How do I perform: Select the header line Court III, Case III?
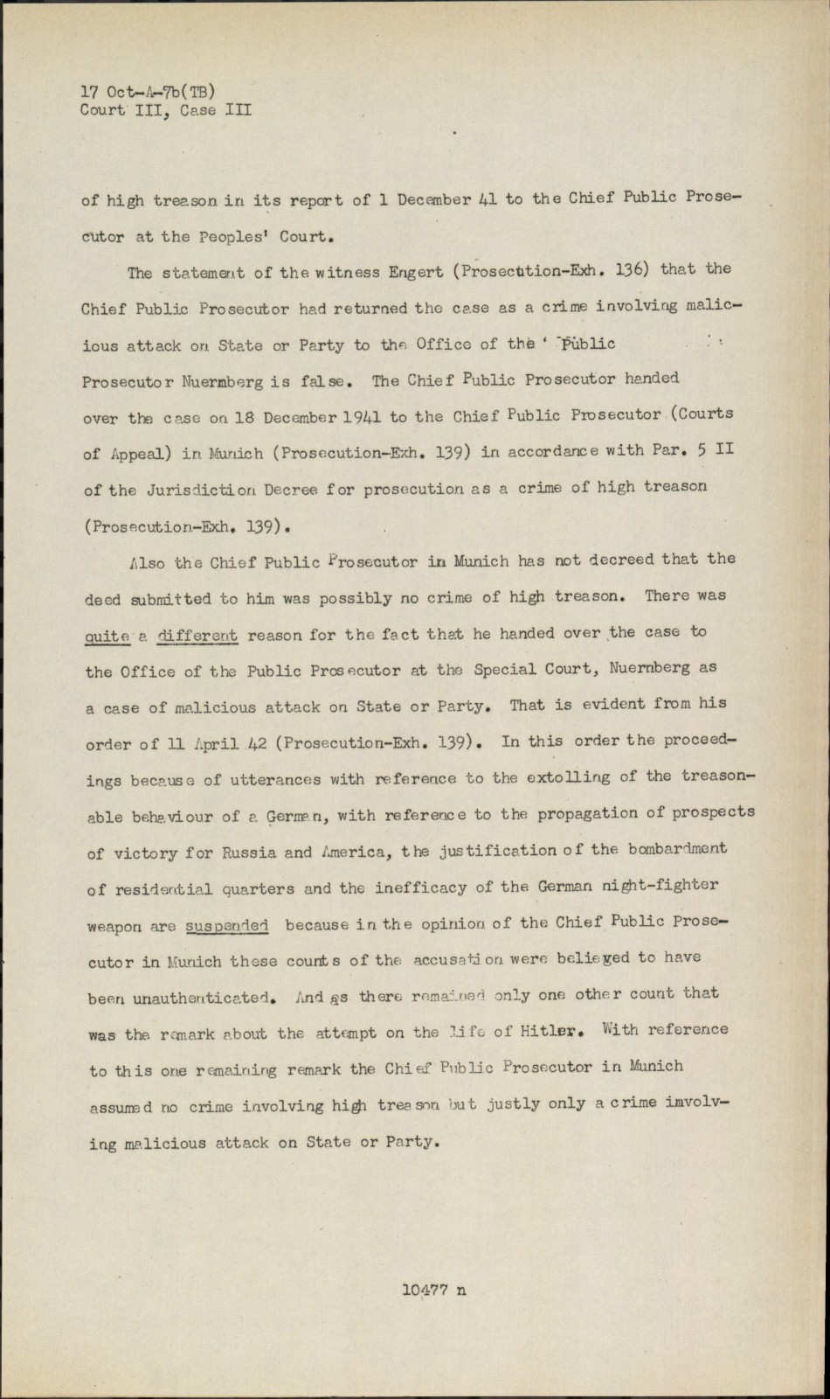tap(166, 110)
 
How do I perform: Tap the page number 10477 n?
tap(434, 1290)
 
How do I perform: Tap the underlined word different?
tap(198, 636)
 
